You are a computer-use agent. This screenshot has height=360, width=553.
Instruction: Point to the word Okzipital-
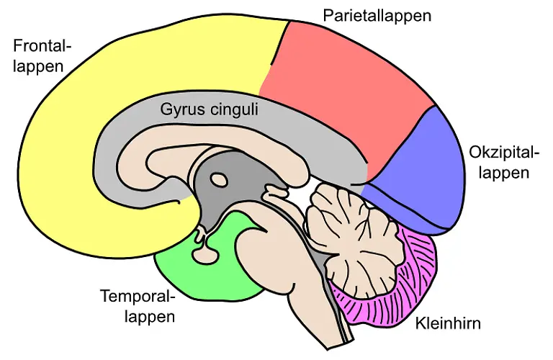pyautogui.click(x=503, y=153)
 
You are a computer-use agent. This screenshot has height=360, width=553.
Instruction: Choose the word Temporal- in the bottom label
pyautogui.click(x=138, y=296)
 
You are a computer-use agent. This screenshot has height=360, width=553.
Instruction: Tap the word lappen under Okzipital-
pyautogui.click(x=506, y=173)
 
